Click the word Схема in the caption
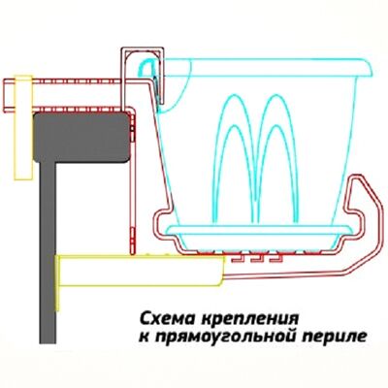point(168,319)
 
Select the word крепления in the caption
point(249,319)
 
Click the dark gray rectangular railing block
point(82,137)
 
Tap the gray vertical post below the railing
point(48,252)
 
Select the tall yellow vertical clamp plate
point(23,127)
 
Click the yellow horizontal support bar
point(142,271)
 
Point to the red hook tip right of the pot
point(358,178)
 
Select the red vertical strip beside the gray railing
point(133,181)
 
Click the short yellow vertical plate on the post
point(57,283)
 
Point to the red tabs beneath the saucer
point(256,259)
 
